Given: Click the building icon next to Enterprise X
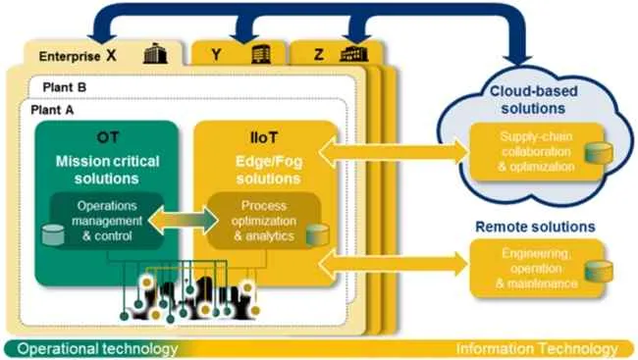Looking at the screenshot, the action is (x=155, y=53).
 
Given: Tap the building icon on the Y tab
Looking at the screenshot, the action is (x=261, y=54).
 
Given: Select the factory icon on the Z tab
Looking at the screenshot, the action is (x=353, y=54).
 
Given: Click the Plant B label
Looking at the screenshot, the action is (x=64, y=87).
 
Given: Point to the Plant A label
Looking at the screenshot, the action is (x=52, y=110).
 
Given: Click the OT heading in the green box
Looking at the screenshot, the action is (x=107, y=137).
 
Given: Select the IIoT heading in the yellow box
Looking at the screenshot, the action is (x=264, y=138).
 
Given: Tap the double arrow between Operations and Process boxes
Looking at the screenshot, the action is (x=183, y=221).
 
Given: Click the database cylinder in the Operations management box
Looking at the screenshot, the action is (x=53, y=234).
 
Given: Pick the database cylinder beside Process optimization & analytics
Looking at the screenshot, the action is (x=317, y=234).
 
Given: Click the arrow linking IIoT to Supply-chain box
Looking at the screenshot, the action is (x=393, y=152).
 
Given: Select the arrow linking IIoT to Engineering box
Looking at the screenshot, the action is (x=393, y=265).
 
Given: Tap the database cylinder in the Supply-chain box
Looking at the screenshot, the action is (x=599, y=153).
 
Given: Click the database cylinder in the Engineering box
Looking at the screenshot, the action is (x=599, y=272).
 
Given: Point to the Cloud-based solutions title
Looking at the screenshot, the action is (x=533, y=100).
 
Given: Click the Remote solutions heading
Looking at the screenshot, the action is (x=535, y=227).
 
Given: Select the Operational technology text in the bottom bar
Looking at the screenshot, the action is (x=97, y=349).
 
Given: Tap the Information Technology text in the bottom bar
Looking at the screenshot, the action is (x=537, y=349).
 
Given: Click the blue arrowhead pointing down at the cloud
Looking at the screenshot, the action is (x=517, y=60).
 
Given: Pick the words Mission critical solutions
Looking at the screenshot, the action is (x=107, y=170).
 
